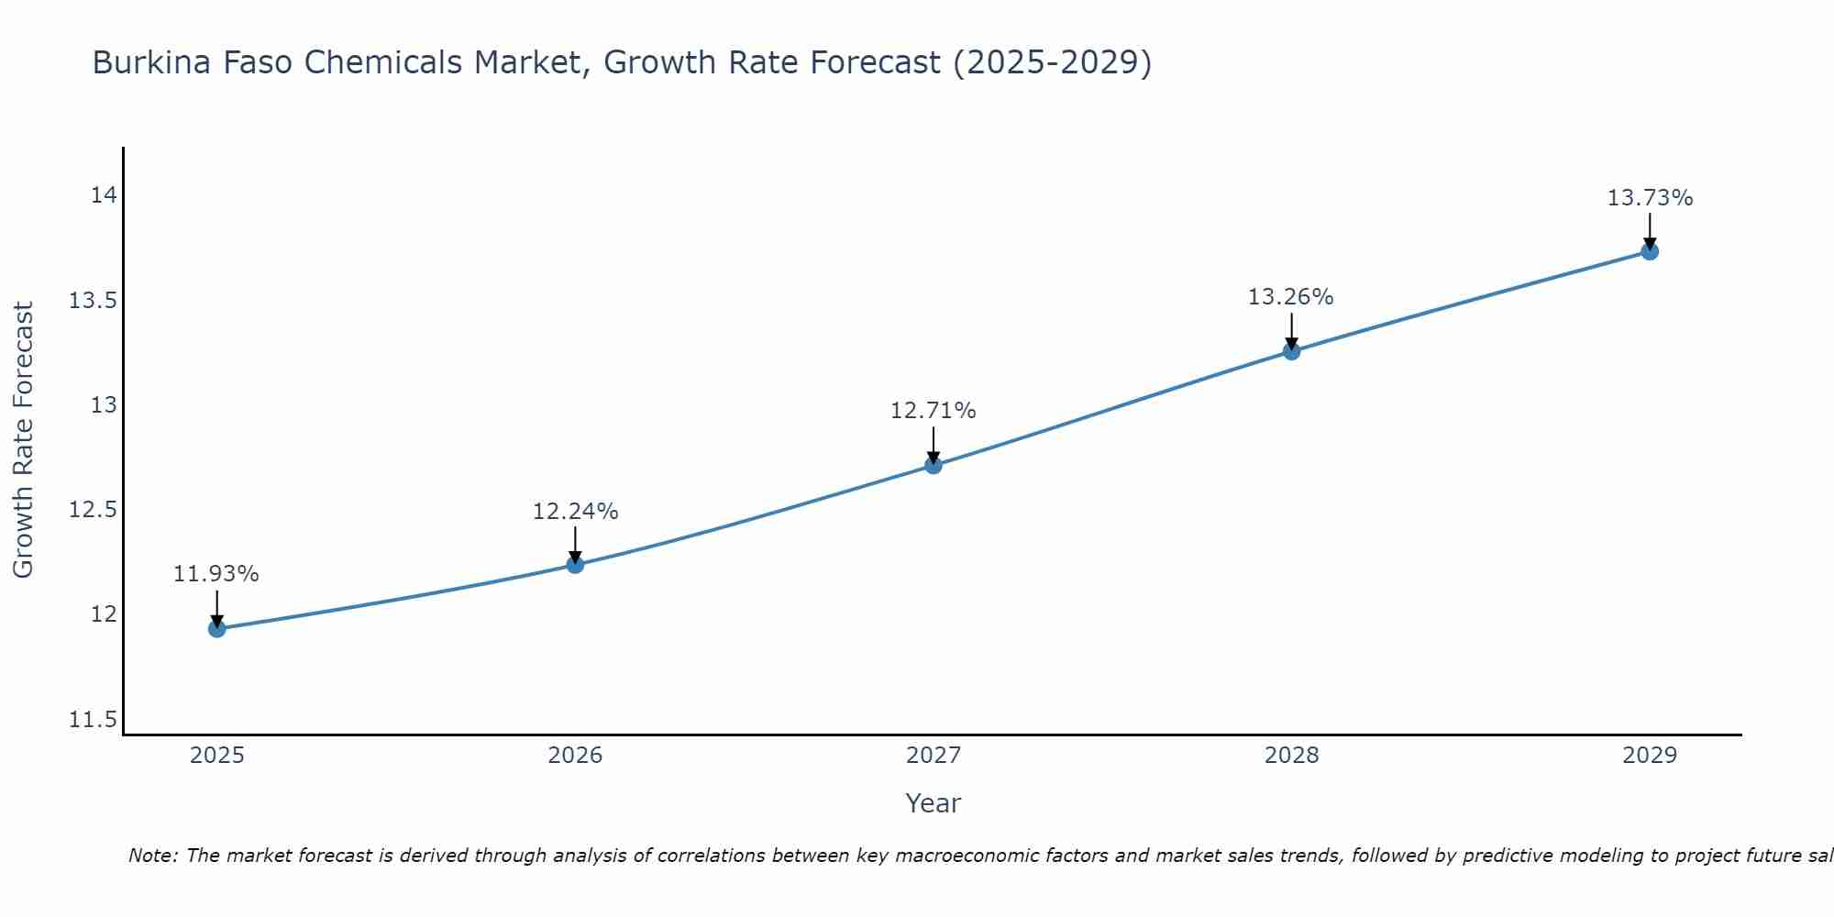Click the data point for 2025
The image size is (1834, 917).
click(217, 628)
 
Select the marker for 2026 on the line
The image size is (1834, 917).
click(575, 564)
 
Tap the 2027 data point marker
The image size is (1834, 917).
click(934, 465)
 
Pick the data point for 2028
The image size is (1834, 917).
click(1291, 350)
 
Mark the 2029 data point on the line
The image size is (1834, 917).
click(1650, 251)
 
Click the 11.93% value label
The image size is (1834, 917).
click(216, 574)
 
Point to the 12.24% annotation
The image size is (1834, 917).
click(575, 512)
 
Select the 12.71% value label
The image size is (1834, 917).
click(934, 411)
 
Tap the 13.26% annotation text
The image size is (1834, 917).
click(1291, 297)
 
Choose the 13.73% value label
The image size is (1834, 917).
click(1650, 198)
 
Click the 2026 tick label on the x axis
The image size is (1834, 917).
click(575, 756)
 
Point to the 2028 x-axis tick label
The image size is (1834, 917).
click(1291, 756)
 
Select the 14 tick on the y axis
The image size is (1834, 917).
click(104, 195)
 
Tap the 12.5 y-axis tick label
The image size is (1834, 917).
click(94, 510)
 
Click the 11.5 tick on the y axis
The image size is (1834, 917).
click(94, 720)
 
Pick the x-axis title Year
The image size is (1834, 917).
click(934, 803)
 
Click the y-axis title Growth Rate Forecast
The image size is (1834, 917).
click(24, 440)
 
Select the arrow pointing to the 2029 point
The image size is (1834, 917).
click(1650, 229)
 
